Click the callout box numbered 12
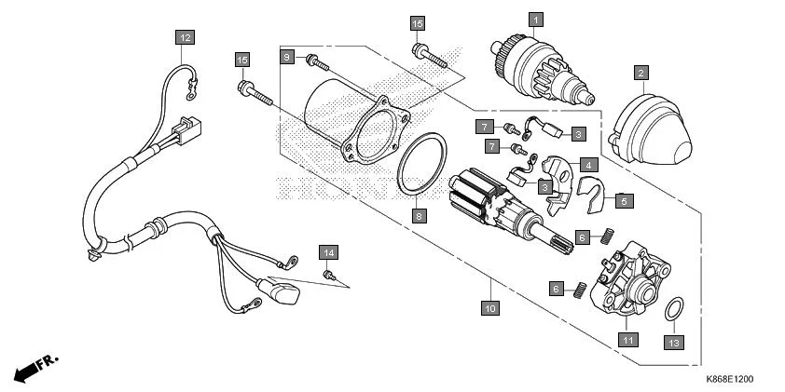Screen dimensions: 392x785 (186, 37)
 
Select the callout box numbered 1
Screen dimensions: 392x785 (535, 19)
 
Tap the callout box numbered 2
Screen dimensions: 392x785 (640, 72)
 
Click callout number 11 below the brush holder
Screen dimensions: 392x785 (629, 340)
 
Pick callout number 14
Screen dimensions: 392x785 (327, 252)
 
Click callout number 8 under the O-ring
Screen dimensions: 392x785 (420, 215)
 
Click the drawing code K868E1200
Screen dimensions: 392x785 (729, 379)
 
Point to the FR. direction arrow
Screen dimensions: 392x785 (35, 365)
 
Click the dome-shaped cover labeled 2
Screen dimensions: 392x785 (650, 126)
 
